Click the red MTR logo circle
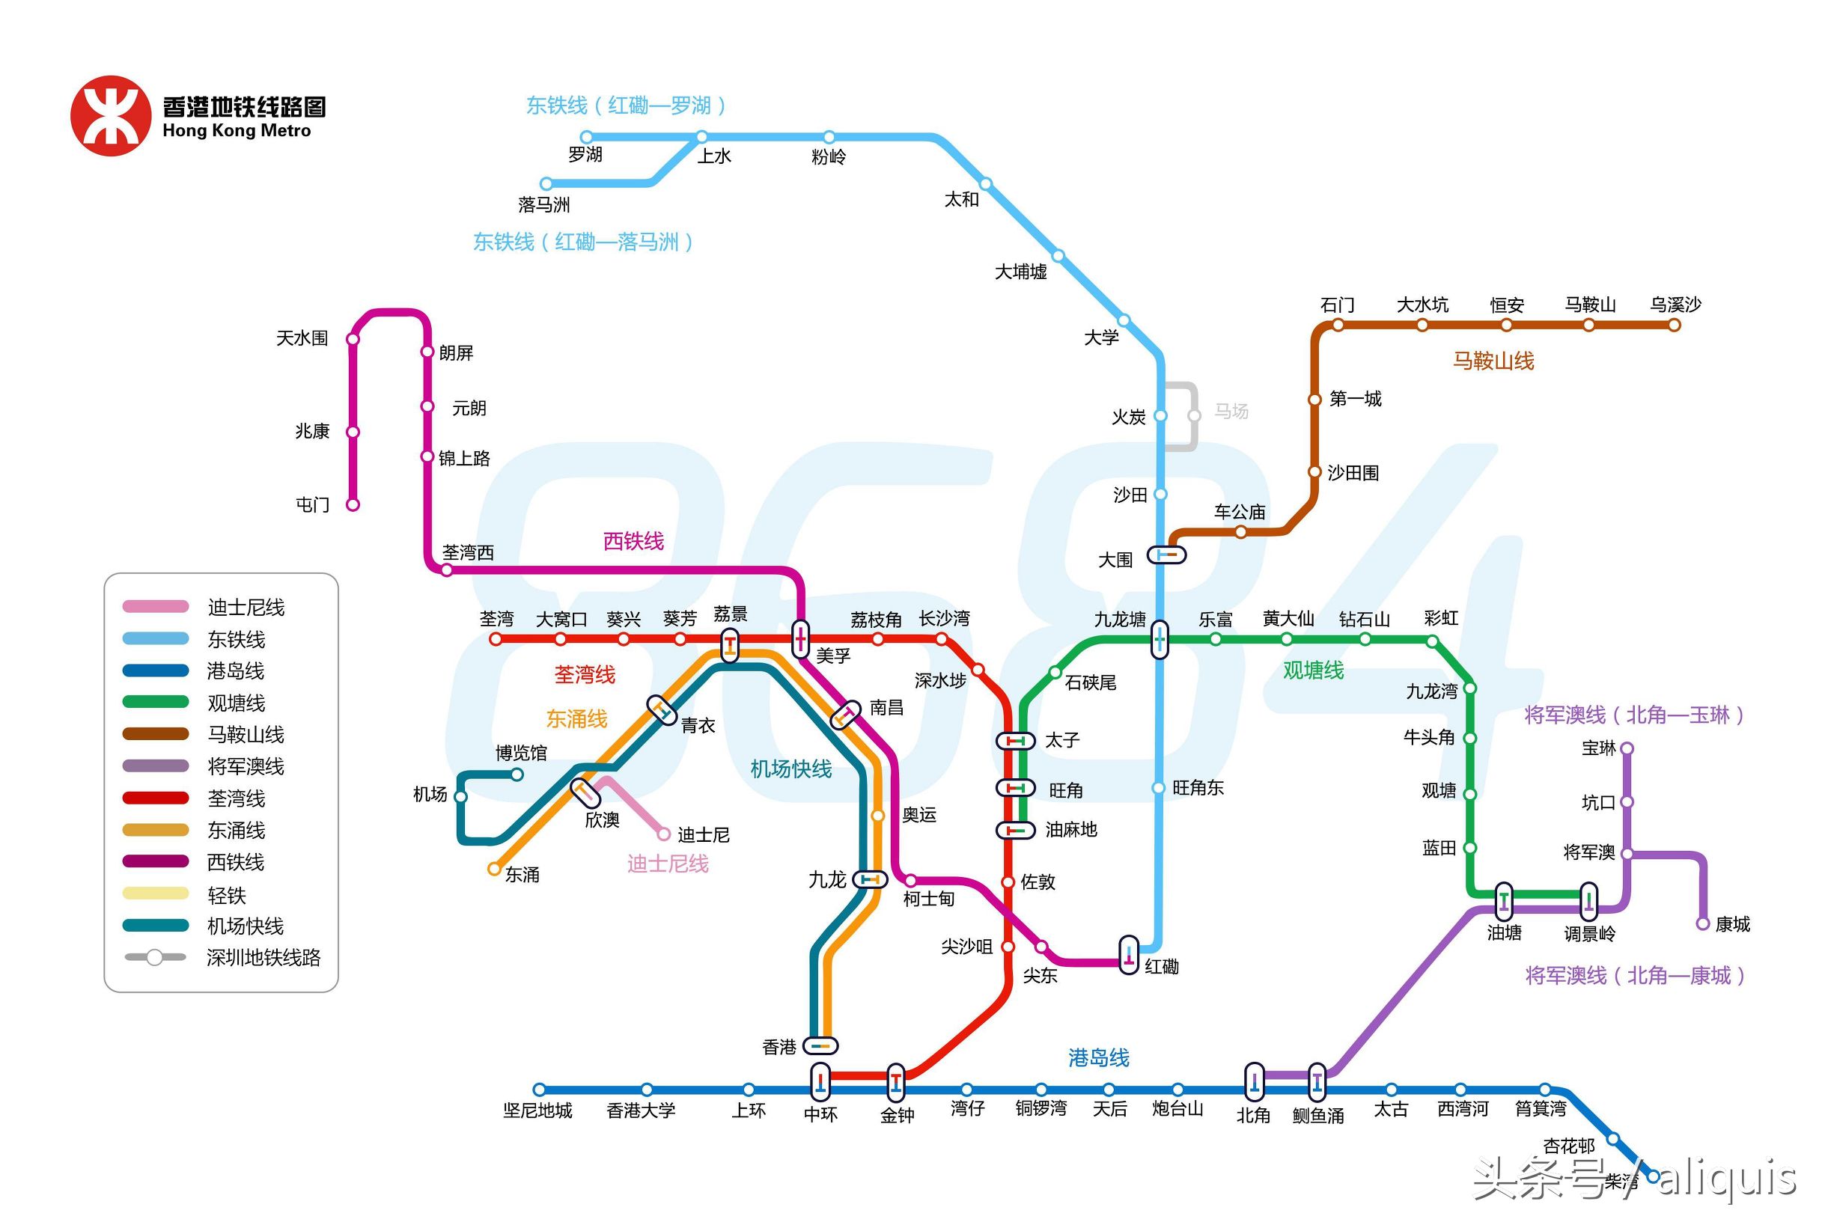110,116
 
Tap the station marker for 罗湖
587,138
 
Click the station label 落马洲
544,205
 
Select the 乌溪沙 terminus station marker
1674,325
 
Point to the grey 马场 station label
1231,411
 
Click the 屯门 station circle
353,504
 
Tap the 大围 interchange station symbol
1167,555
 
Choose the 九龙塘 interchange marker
1160,640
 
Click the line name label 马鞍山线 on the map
1493,361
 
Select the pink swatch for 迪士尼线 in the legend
156,606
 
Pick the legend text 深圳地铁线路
263,958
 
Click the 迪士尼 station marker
664,834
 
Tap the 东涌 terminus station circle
494,869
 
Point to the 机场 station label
430,795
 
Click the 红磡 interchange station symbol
1130,955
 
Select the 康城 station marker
1704,923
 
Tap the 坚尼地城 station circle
539,1090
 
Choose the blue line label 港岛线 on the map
1099,1058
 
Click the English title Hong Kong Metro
237,131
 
